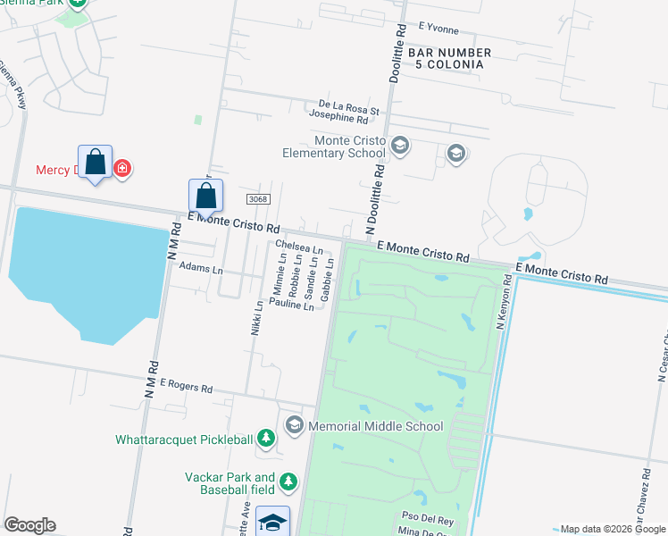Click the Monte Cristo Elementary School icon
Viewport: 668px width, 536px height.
pyautogui.click(x=400, y=146)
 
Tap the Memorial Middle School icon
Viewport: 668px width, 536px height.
pyautogui.click(x=294, y=425)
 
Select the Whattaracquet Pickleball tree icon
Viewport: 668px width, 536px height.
pyautogui.click(x=265, y=438)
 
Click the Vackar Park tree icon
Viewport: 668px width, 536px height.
pyautogui.click(x=288, y=482)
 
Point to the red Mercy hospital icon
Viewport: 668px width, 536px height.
pyautogui.click(x=122, y=168)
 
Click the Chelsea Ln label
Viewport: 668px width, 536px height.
pyautogui.click(x=298, y=245)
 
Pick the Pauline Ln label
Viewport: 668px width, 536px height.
pyautogui.click(x=291, y=305)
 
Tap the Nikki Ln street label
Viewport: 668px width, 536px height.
pyautogui.click(x=258, y=316)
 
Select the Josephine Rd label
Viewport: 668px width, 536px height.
pyautogui.click(x=338, y=117)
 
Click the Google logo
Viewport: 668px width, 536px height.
pyautogui.click(x=29, y=525)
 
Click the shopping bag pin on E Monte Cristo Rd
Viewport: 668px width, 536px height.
pyautogui.click(x=205, y=197)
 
